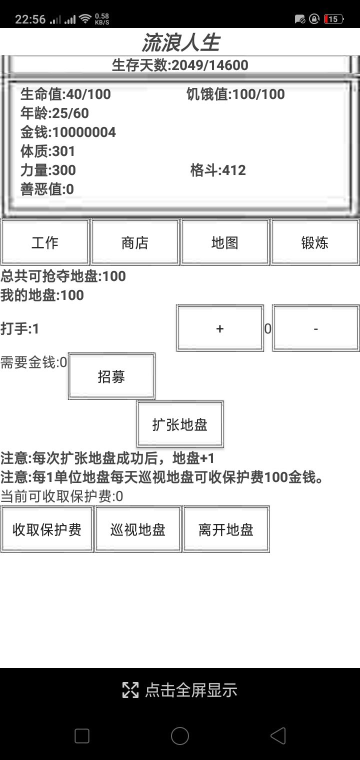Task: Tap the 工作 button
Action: coord(45,242)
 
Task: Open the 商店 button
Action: coord(135,242)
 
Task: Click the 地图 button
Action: coord(225,242)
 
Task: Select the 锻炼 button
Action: coord(315,242)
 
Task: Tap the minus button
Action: coord(316,328)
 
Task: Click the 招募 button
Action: coord(111,376)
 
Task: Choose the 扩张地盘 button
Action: coord(180,424)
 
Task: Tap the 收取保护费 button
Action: coord(47,529)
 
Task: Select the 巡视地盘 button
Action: coord(138,529)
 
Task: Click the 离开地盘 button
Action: coord(226,529)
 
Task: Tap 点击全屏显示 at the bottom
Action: coord(180,690)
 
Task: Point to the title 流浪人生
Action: coord(180,42)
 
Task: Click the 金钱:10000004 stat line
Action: coord(68,132)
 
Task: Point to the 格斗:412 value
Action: coord(218,170)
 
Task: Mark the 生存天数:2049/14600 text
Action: coord(180,65)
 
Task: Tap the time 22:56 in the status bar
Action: coord(30,19)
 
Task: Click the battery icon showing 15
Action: coord(333,19)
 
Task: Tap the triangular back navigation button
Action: coord(277,735)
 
